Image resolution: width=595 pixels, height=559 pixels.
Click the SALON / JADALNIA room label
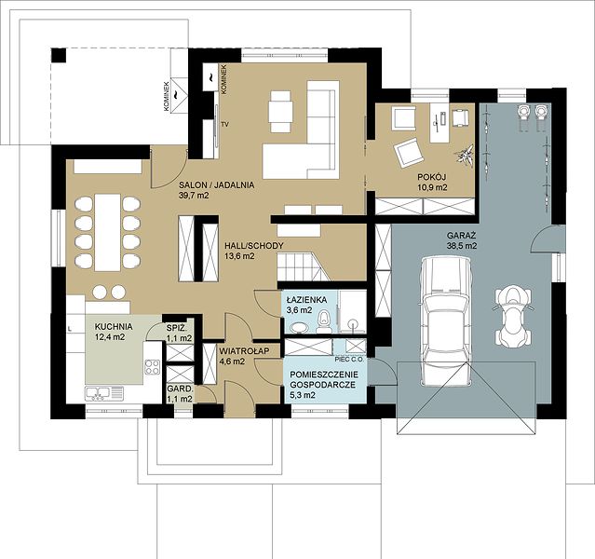click(x=217, y=185)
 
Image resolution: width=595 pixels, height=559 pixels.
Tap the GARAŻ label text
click(x=462, y=235)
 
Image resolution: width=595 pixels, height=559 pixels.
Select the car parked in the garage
click(x=445, y=320)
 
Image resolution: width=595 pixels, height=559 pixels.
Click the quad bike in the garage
click(x=513, y=317)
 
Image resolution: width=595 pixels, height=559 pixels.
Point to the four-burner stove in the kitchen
click(x=152, y=366)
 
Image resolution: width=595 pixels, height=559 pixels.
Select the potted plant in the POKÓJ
click(x=465, y=154)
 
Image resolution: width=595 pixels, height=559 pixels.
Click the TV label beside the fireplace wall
click(x=225, y=124)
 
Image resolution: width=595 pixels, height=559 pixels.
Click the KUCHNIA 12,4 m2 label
click(x=114, y=331)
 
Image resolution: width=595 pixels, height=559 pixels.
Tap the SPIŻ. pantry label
click(x=176, y=327)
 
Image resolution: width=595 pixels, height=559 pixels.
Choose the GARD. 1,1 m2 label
click(x=181, y=394)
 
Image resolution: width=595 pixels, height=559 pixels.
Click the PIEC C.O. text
click(x=349, y=359)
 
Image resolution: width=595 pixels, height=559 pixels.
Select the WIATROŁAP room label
click(x=244, y=351)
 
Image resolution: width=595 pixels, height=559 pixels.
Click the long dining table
click(x=107, y=232)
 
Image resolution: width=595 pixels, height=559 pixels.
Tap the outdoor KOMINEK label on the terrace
click(x=166, y=96)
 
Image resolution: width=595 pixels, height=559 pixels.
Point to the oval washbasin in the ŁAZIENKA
click(x=300, y=327)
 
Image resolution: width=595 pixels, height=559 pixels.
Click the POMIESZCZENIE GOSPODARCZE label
click(x=324, y=379)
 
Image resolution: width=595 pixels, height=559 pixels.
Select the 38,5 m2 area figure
click(x=462, y=246)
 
